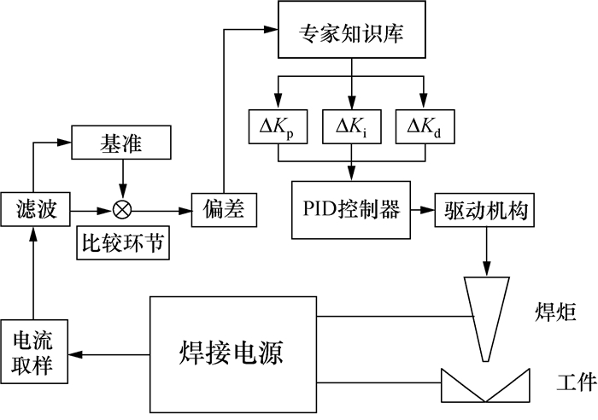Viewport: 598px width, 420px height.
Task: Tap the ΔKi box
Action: tap(351, 128)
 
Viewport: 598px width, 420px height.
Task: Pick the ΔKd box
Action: tap(425, 128)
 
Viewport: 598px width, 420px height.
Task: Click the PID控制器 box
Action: tap(349, 208)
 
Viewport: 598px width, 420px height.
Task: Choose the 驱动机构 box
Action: tap(486, 209)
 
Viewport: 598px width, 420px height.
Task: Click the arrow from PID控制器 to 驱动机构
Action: tap(422, 208)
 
